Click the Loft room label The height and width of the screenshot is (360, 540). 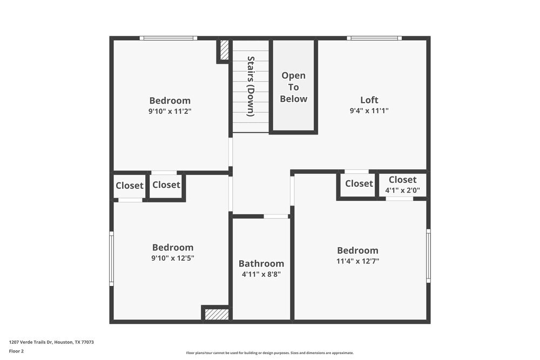click(x=369, y=100)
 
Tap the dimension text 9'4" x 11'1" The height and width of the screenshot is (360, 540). click(x=369, y=111)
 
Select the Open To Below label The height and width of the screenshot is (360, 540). click(x=294, y=87)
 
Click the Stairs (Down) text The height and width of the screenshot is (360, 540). click(x=251, y=86)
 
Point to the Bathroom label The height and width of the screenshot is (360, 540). click(x=261, y=263)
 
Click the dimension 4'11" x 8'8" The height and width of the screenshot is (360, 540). click(x=261, y=274)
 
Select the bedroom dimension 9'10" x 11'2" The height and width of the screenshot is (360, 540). click(x=170, y=111)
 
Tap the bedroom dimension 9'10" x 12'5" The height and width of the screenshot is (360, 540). click(x=173, y=258)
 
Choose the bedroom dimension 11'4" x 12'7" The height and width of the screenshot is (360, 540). click(x=357, y=261)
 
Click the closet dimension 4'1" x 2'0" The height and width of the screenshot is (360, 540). click(x=402, y=191)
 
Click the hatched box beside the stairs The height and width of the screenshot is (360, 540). click(x=224, y=50)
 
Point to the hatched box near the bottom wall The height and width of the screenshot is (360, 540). click(x=217, y=314)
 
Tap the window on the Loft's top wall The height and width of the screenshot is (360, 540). click(x=374, y=38)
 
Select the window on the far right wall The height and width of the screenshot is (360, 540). click(x=428, y=256)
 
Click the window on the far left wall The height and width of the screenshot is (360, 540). click(x=112, y=259)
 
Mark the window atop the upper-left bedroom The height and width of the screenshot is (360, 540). click(x=168, y=38)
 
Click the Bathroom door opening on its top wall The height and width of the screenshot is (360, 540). click(x=276, y=216)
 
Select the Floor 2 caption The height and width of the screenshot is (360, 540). click(x=16, y=351)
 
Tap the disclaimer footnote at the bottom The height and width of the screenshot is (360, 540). click(x=270, y=352)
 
